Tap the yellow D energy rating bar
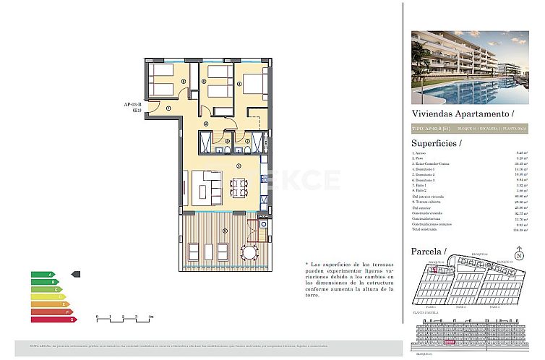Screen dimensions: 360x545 point(47,296)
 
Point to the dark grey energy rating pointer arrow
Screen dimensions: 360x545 point(77,275)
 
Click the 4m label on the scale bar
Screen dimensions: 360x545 point(150,317)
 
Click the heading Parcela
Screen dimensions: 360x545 point(427,251)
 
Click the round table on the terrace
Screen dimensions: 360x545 point(249,252)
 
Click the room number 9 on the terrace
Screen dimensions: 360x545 point(225,231)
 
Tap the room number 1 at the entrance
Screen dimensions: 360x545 point(168,108)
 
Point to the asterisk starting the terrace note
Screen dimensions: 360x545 point(308,265)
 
